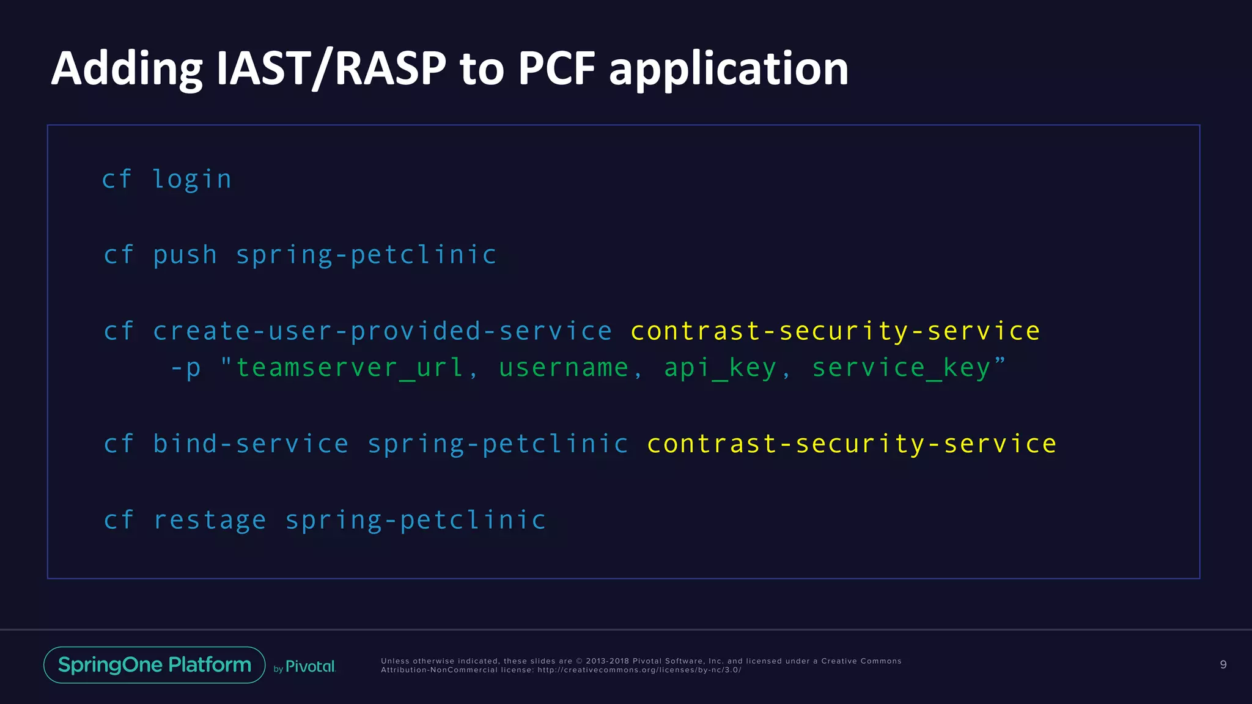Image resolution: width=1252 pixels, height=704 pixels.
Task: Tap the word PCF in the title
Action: (x=556, y=68)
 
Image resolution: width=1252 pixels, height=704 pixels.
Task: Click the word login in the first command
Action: (x=192, y=180)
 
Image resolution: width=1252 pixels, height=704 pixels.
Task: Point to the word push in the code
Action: (x=185, y=255)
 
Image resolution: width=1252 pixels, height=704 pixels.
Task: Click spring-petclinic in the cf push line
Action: (x=366, y=255)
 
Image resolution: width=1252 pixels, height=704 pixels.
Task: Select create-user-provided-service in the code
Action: (x=382, y=331)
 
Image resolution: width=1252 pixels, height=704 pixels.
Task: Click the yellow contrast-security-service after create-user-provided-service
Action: (x=835, y=331)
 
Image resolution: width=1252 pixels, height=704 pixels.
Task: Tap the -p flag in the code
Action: (x=186, y=368)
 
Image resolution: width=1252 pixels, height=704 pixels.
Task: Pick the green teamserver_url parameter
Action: (x=350, y=368)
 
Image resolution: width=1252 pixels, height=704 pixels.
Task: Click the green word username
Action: (x=564, y=368)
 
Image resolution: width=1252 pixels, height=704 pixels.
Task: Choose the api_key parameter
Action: (x=720, y=368)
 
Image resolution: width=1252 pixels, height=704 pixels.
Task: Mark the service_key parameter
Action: (x=901, y=368)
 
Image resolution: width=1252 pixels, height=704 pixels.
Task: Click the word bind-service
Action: (x=251, y=444)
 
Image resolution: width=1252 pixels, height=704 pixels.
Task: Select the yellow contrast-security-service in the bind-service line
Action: (x=852, y=444)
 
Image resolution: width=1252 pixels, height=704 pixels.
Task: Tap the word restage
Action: (x=210, y=520)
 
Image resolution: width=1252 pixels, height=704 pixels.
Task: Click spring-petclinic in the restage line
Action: (x=416, y=520)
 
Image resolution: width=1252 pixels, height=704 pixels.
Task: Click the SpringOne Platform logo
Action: (x=155, y=665)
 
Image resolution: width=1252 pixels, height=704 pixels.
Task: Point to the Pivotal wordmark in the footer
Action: (x=310, y=667)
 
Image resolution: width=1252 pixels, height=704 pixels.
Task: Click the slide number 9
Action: (x=1223, y=665)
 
